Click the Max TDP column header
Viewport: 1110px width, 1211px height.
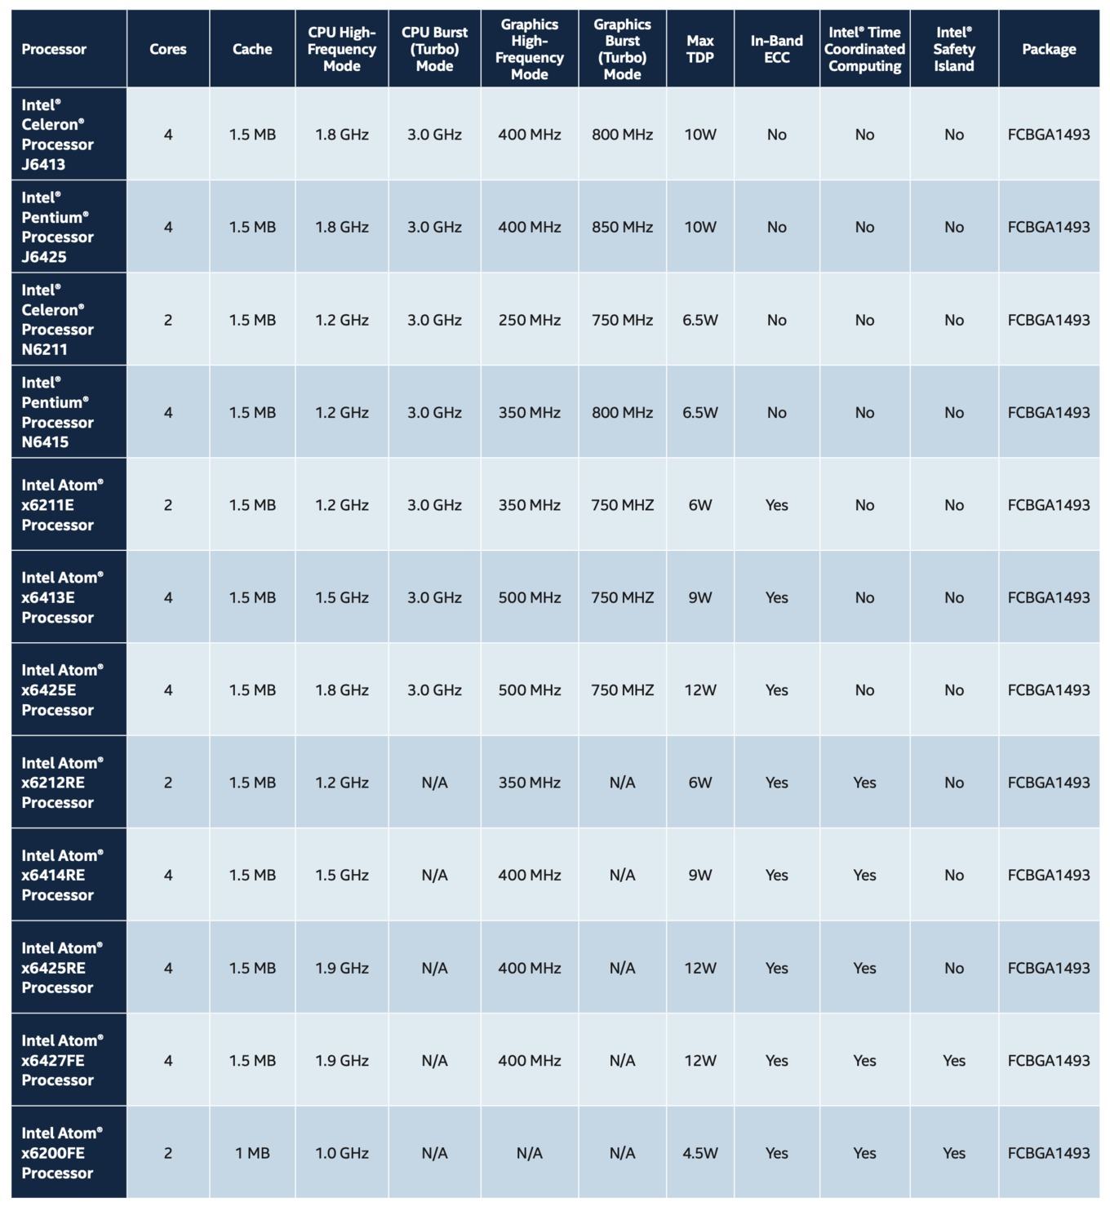click(x=699, y=49)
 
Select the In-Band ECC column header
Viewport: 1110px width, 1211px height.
click(x=776, y=49)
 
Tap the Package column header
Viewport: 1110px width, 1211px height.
click(x=1048, y=49)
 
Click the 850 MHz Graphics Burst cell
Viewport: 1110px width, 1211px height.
click(x=622, y=227)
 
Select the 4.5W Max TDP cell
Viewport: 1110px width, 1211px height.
click(x=699, y=1152)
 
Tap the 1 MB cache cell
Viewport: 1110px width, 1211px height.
click(x=252, y=1152)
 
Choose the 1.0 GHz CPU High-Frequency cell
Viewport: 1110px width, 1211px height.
click(x=341, y=1152)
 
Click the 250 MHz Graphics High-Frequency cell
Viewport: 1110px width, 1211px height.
click(x=529, y=320)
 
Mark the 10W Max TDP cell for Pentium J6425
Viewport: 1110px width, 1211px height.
click(x=699, y=227)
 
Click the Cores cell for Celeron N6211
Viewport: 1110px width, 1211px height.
click(x=168, y=320)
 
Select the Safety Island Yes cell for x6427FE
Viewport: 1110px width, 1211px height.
click(x=953, y=1060)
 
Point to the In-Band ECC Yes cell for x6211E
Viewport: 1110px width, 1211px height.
click(x=776, y=505)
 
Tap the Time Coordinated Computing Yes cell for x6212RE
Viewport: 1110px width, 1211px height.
click(x=864, y=783)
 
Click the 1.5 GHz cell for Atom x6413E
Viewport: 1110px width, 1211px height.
click(x=341, y=597)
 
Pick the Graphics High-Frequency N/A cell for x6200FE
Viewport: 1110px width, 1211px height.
click(x=529, y=1152)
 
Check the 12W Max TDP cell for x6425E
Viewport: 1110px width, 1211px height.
click(x=699, y=690)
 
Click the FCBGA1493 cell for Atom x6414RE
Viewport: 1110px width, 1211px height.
click(x=1048, y=875)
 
